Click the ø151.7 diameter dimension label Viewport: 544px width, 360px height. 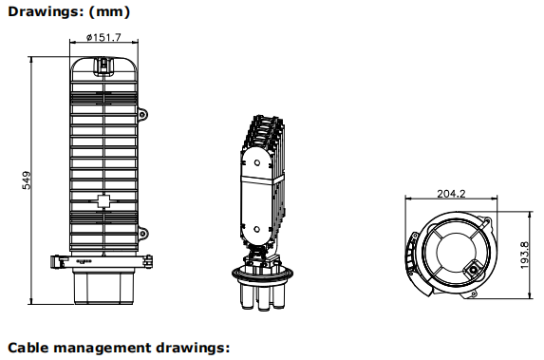103,37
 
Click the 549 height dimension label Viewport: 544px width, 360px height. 27,180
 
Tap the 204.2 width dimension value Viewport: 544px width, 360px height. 451,194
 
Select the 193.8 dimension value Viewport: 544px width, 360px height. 525,256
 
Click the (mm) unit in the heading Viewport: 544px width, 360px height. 109,11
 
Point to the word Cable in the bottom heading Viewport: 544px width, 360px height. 28,348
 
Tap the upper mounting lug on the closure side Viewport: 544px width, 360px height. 142,114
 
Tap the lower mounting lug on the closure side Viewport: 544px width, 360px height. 142,233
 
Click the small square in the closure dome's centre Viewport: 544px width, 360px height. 103,201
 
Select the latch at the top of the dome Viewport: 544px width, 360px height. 104,66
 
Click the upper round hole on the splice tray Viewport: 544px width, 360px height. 257,162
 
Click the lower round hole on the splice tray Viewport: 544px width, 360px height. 256,229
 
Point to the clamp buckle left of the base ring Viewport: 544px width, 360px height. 57,261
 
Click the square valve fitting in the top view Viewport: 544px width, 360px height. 472,269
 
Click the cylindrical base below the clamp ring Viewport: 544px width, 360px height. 103,288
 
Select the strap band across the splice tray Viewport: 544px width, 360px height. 262,180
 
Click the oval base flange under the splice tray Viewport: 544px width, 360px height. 262,274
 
